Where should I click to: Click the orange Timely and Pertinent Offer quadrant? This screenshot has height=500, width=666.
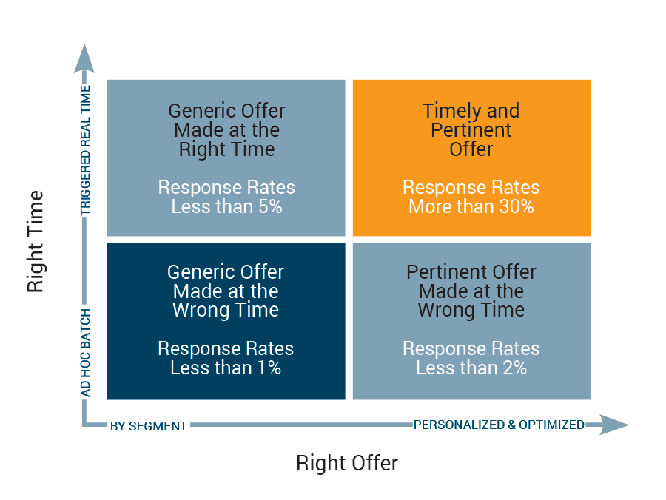(471, 158)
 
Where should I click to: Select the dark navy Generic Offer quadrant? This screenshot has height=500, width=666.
(226, 321)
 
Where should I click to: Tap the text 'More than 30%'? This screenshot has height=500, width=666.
(471, 206)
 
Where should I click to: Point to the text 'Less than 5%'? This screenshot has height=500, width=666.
(226, 206)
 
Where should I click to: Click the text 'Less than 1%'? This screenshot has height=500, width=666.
(226, 368)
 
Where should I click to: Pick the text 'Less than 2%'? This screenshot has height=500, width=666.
(471, 368)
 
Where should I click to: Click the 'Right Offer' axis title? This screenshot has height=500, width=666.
(347, 463)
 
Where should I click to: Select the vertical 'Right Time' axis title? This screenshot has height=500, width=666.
(36, 242)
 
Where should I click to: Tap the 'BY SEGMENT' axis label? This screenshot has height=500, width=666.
(148, 426)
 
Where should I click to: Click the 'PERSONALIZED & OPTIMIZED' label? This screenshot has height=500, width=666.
(499, 425)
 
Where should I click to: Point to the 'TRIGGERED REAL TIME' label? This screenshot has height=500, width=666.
(85, 150)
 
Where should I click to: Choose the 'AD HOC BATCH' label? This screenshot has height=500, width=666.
(85, 353)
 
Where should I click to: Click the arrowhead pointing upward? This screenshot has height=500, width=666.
(84, 58)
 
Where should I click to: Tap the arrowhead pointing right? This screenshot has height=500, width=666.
(614, 425)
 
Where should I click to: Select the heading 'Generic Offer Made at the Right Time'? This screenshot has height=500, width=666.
(226, 130)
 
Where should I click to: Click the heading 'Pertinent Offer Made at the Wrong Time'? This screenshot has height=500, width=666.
(471, 291)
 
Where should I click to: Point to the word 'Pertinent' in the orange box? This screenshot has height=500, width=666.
(471, 130)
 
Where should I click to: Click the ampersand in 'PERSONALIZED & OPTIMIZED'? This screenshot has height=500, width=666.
(511, 425)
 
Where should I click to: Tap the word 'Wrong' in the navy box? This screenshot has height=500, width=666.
(201, 310)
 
